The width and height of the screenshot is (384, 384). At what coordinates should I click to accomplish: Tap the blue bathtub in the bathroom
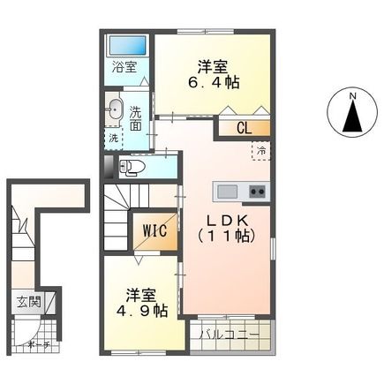click(x=126, y=45)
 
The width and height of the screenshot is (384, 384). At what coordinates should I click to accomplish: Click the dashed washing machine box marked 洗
click(x=114, y=138)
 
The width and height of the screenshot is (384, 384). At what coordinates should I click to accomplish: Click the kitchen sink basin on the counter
click(x=226, y=190)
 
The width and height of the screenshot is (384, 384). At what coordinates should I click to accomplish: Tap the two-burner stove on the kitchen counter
click(x=257, y=190)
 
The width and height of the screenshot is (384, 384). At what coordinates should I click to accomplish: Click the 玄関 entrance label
click(x=26, y=302)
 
